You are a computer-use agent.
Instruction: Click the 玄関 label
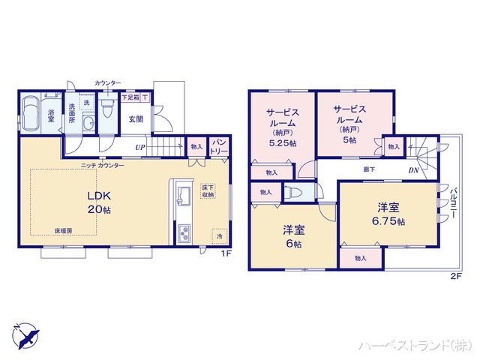[x=135, y=118]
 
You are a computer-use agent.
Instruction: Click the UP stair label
[x=140, y=147]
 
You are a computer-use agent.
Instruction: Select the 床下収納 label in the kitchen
[x=208, y=191]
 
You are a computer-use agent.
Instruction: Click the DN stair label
[x=413, y=171]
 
